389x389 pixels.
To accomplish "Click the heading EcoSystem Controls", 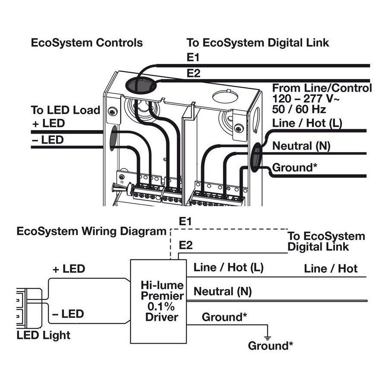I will pos(86,43).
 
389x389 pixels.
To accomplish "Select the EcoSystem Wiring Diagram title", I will pos(91,231).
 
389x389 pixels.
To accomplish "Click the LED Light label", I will pos(43,335).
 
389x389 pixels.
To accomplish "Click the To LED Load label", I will pos(65,110).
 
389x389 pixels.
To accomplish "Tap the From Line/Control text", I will pos(322,88).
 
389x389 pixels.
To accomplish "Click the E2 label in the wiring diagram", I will pos(185,246).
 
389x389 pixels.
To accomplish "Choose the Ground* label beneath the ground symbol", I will pos(271,346).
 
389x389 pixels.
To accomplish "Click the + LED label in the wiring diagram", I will pos(69,269).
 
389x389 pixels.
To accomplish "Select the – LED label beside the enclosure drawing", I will pos(48,140).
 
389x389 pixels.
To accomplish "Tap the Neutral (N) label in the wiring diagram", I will pos(222,291).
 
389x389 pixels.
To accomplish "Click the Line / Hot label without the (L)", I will pos(331,269).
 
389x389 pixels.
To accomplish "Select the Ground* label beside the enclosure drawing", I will pos(293,167).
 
